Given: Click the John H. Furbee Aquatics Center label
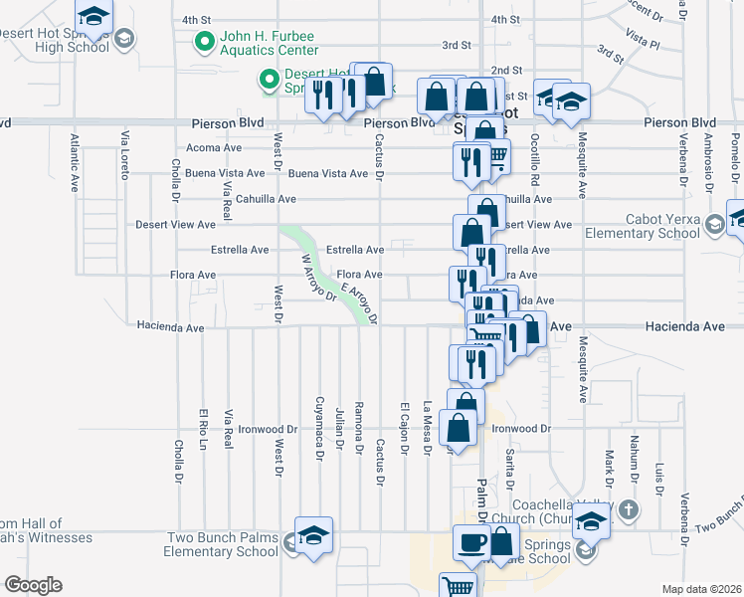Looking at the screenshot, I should tap(269, 42).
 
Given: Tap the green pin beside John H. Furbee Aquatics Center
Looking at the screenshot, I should tap(205, 42).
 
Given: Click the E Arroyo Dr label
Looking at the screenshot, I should tap(359, 302).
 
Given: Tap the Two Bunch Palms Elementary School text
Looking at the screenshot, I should tap(223, 544).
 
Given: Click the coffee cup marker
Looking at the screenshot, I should tap(472, 543).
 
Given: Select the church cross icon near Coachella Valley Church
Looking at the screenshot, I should tap(628, 511).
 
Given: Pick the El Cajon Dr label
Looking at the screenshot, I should tap(405, 428).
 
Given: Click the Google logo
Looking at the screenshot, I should tap(33, 585).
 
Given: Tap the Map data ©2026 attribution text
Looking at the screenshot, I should tap(701, 589).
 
